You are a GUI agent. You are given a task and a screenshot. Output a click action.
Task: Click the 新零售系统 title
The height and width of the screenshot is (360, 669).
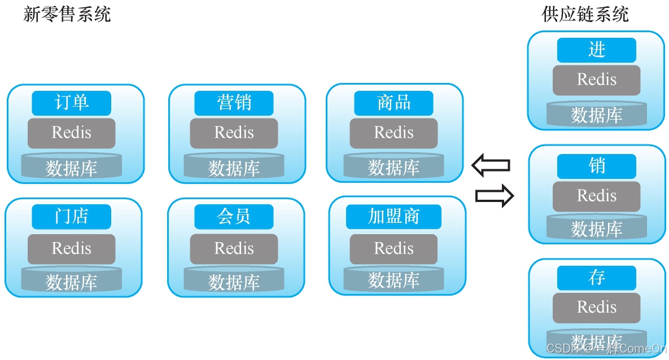(x=67, y=14)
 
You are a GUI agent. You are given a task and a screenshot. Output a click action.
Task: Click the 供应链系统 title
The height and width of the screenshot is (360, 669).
(x=585, y=14)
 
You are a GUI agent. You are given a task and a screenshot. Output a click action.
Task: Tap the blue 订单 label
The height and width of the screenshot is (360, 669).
(x=71, y=103)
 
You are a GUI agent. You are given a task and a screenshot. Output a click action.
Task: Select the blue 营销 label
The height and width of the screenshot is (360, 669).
(x=234, y=103)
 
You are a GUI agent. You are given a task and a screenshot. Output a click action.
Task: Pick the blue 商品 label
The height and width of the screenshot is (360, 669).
(x=393, y=103)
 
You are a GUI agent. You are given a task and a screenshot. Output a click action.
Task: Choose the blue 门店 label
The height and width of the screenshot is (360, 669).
(x=71, y=217)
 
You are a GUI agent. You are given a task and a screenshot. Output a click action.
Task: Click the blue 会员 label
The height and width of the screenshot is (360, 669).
(x=234, y=217)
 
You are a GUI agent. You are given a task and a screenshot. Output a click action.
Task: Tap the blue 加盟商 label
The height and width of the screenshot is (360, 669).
(x=393, y=217)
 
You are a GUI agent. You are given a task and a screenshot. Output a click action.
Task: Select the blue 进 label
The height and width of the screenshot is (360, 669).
(x=596, y=50)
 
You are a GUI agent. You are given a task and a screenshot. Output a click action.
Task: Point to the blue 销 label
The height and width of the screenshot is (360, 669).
(x=596, y=166)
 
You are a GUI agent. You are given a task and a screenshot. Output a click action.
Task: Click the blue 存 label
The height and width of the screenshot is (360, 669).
(x=596, y=278)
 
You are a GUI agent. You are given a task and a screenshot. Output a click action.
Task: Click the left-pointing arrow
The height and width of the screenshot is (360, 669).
(x=491, y=165)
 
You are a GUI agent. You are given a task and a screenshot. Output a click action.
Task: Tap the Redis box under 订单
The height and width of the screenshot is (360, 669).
(x=71, y=133)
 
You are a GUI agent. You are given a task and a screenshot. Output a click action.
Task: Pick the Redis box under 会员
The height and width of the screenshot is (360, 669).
(x=234, y=249)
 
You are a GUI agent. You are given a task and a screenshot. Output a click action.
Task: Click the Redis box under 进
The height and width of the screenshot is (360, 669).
(x=596, y=80)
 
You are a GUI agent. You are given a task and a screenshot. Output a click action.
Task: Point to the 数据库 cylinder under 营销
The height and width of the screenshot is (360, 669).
(x=234, y=166)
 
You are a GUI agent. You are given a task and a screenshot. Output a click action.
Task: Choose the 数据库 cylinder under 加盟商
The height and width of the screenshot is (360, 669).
(x=393, y=279)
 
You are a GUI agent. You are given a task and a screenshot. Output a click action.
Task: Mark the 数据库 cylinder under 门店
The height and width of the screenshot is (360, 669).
(x=71, y=280)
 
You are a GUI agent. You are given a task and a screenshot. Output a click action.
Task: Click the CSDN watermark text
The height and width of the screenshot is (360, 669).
(x=607, y=349)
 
